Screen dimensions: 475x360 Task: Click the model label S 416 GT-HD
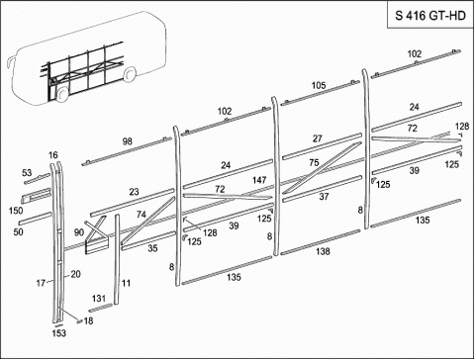(430, 16)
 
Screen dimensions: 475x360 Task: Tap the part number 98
(128, 141)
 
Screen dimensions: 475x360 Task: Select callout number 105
(319, 86)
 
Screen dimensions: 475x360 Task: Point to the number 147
(259, 180)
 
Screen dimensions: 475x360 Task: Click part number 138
(323, 251)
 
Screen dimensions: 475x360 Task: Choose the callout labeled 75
(314, 162)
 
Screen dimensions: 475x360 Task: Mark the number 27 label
(318, 138)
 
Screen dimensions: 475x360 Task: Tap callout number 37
(324, 197)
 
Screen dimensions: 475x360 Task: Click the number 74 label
(142, 215)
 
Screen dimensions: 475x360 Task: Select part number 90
(79, 232)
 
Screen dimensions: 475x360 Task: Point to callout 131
(99, 299)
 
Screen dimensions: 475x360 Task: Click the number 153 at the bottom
(59, 333)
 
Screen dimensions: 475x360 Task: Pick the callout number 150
(16, 211)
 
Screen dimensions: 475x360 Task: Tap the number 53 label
(27, 173)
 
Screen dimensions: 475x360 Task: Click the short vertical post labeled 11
(117, 259)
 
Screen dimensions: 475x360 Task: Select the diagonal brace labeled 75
(322, 168)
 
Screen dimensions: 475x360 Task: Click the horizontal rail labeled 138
(321, 242)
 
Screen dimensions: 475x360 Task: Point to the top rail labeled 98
(127, 151)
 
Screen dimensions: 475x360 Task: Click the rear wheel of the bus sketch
(130, 73)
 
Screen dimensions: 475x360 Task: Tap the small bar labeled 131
(101, 308)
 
